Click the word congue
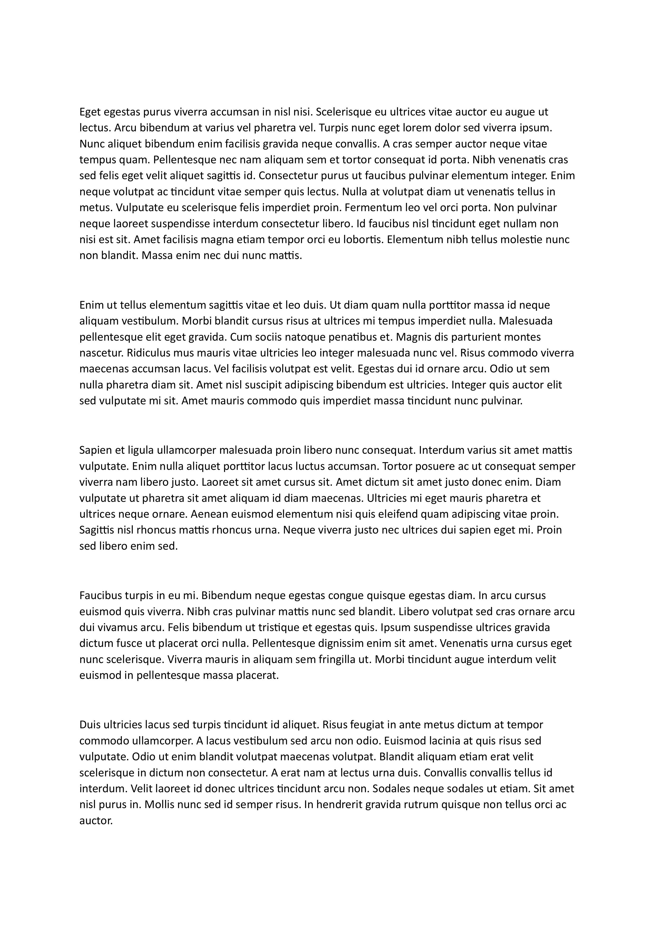click(x=345, y=596)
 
